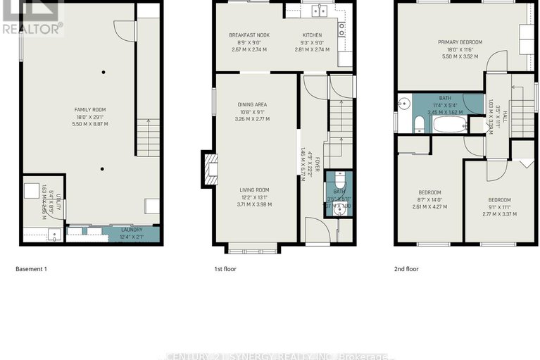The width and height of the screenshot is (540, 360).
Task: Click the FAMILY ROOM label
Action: (x=91, y=109)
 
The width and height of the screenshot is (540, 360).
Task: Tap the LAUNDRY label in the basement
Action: (x=131, y=230)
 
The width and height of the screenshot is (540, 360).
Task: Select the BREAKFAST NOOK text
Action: (x=249, y=35)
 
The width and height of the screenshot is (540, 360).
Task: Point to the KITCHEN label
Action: (x=312, y=35)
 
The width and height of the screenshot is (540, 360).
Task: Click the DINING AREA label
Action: (x=252, y=104)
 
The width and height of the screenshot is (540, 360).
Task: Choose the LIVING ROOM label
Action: (x=253, y=190)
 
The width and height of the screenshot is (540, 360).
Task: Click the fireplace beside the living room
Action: (x=209, y=169)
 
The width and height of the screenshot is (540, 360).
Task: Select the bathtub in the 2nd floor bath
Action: (x=449, y=125)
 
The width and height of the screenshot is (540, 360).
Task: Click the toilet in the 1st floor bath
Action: (x=339, y=179)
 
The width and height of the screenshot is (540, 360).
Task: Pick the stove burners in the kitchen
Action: (x=342, y=29)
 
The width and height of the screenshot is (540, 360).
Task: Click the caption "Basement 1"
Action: (x=31, y=268)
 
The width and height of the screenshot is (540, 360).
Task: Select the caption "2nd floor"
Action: (x=409, y=268)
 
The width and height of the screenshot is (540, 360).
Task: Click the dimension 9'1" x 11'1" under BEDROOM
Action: (x=503, y=207)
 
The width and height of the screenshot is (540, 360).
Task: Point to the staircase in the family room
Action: (x=146, y=138)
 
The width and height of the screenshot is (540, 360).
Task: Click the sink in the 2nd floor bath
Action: (x=404, y=104)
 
